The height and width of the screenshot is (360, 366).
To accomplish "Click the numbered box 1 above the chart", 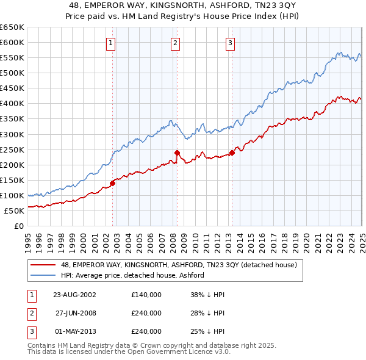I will [110, 43].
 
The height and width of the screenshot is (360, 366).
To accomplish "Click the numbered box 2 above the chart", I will [175, 43].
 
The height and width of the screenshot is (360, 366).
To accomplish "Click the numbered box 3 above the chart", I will [231, 43].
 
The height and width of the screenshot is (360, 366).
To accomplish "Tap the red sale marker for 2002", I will [112, 182].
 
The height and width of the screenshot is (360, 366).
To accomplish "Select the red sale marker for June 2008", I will [177, 153].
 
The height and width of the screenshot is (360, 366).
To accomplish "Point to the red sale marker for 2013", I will [232, 153].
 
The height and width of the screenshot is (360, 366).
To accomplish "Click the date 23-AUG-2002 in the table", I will [74, 295].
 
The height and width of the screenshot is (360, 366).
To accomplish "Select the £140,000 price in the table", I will [146, 295].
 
